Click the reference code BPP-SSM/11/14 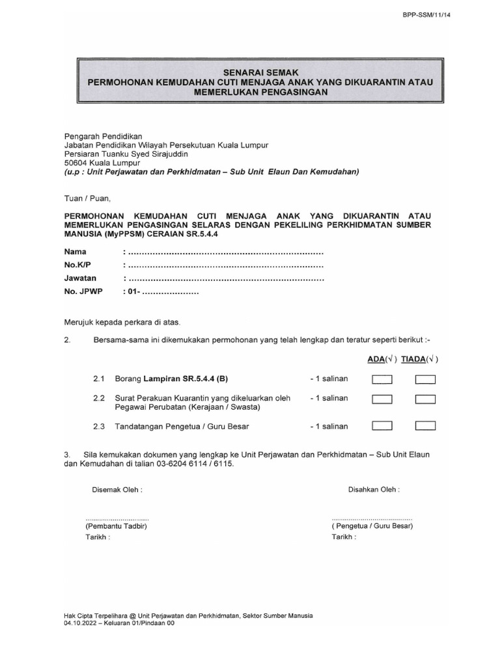[x=426, y=15]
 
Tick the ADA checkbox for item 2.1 [x=382, y=380]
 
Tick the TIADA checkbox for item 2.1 [x=425, y=380]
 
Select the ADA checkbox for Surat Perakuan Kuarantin [x=382, y=399]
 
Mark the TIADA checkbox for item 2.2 [x=425, y=399]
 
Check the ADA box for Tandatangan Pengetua [x=382, y=426]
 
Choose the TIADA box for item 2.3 [x=425, y=426]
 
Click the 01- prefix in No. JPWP [x=134, y=292]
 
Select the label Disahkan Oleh [x=374, y=489]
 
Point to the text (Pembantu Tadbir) [x=116, y=526]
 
